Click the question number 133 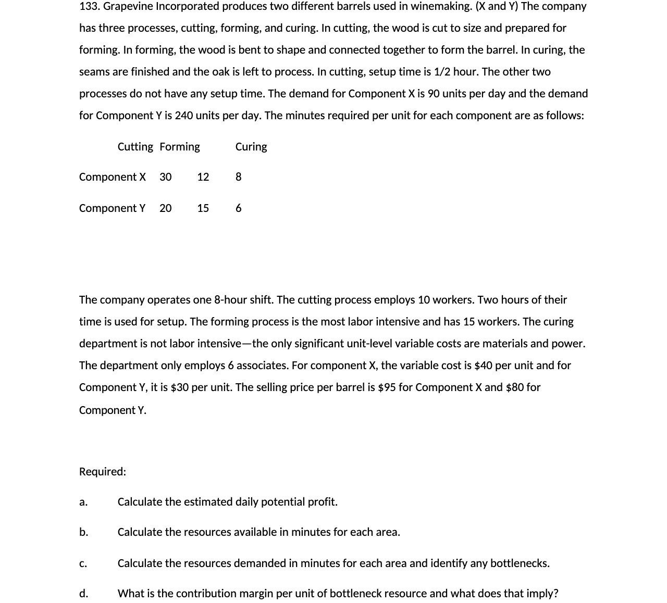pos(89,6)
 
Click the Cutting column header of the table pos(135,147)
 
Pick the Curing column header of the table pos(251,147)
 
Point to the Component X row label pos(112,177)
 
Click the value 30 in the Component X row pos(165,177)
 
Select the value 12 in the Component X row pos(203,177)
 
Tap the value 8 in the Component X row pos(238,177)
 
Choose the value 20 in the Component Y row pos(165,208)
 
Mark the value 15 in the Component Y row pos(203,208)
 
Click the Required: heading pos(103,472)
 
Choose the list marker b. pos(83,532)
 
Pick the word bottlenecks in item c pos(520,563)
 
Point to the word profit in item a pos(323,502)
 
